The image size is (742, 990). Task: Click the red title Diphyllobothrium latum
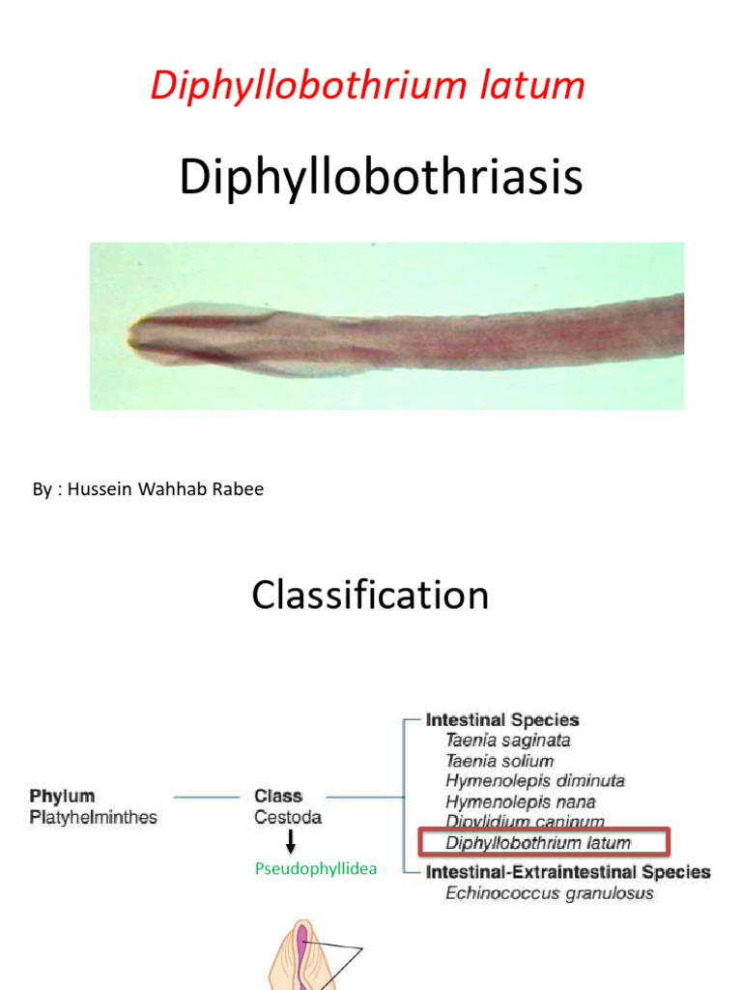coord(367,86)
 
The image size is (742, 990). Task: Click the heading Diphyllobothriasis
coord(381,179)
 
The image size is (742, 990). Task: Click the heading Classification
coord(370,595)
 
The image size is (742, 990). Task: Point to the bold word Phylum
coord(61,797)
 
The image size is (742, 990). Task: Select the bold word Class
coord(278,797)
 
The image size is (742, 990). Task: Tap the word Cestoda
coord(288,818)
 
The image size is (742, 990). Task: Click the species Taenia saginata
coord(508,741)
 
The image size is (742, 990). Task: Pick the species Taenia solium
coord(499,761)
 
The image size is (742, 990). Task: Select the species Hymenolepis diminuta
coord(535,781)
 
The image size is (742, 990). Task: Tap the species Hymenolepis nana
coord(521,801)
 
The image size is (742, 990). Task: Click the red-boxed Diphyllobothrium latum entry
coord(538,843)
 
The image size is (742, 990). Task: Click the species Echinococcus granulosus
coord(549,893)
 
